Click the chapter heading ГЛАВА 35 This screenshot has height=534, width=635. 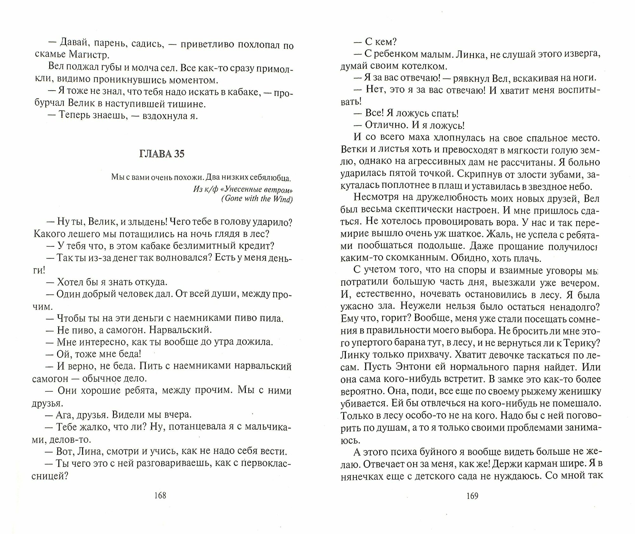[162, 154]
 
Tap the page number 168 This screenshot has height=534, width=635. [160, 495]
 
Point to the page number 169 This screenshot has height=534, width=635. [472, 496]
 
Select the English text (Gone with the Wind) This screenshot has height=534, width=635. [257, 199]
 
